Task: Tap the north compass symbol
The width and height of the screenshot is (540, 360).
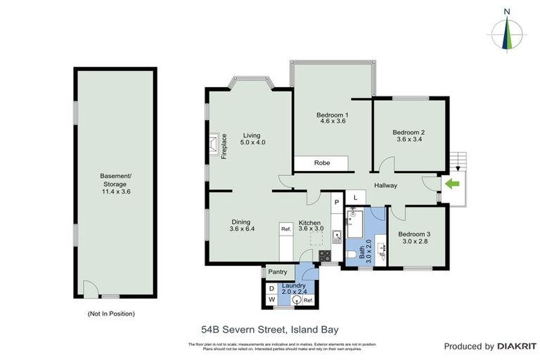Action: coord(506,31)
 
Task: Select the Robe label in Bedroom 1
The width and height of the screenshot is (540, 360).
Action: coord(322,163)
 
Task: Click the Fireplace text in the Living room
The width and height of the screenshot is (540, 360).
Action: coord(224,146)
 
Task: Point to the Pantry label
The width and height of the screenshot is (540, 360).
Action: coord(278,272)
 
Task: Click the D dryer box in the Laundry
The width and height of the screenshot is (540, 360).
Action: coord(272,288)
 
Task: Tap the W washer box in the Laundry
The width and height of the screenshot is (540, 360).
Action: coord(272,300)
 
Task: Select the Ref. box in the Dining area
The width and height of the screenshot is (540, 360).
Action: coord(286,229)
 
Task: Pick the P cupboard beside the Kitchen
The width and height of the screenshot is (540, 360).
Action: coord(337,202)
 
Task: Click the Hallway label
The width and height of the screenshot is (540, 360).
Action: coord(385,186)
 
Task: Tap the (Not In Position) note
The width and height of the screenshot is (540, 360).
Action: coord(111,314)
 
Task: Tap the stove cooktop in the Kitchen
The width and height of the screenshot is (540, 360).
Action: coord(326,255)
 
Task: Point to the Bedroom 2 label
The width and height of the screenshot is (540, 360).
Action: coord(409,132)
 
